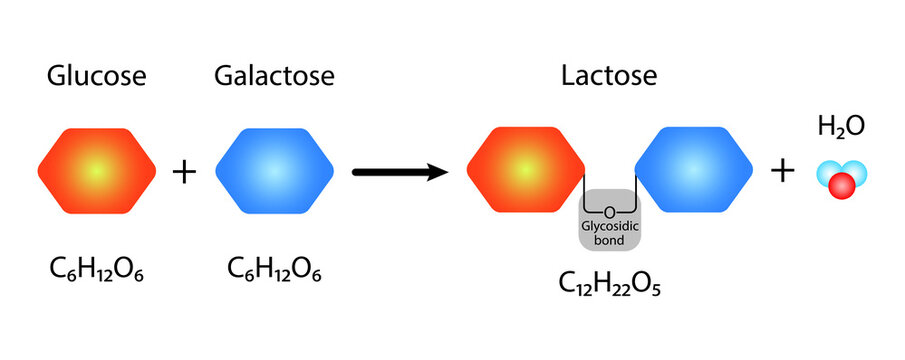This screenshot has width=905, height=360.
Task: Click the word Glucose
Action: click(x=96, y=77)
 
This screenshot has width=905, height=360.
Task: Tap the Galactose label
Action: click(x=274, y=77)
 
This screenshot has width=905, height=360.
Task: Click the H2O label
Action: click(x=841, y=126)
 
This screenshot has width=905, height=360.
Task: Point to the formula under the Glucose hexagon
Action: click(x=96, y=269)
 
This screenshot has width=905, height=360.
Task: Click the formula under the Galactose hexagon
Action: click(x=274, y=269)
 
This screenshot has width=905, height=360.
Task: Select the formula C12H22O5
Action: click(x=611, y=285)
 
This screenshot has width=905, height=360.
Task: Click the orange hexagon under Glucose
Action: click(x=97, y=171)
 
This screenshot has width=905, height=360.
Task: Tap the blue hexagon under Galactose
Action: click(x=275, y=171)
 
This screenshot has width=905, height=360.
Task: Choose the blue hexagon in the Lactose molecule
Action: click(x=695, y=171)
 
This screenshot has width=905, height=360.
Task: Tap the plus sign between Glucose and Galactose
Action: click(x=185, y=172)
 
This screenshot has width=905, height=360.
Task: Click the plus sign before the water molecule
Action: click(x=783, y=172)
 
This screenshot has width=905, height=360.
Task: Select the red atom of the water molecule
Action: click(x=841, y=185)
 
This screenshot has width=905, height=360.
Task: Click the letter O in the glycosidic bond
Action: click(x=610, y=211)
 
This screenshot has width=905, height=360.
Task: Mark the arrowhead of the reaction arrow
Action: click(x=436, y=172)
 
